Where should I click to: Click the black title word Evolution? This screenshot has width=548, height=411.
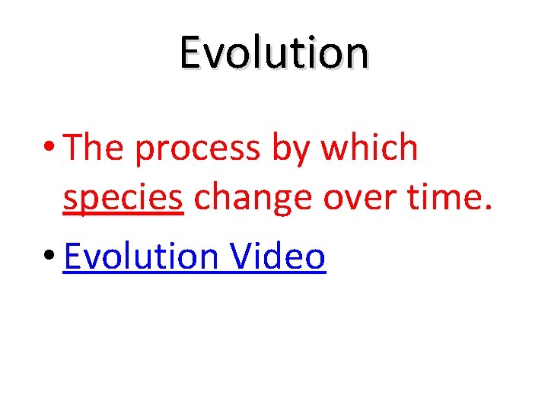coord(274,53)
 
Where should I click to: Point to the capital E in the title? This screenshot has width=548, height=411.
coord(190,53)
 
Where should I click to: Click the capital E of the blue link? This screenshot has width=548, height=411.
coord(72,256)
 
